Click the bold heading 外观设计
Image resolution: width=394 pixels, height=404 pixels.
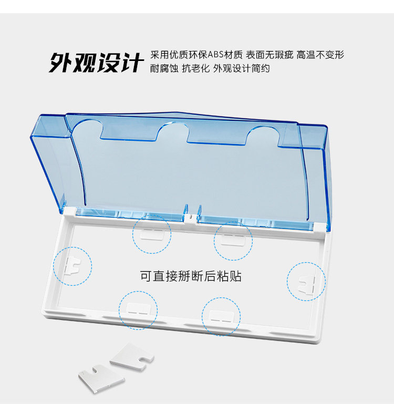(x=96, y=62)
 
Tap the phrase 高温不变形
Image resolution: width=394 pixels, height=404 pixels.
(x=320, y=55)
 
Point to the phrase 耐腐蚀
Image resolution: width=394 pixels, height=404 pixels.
(x=164, y=68)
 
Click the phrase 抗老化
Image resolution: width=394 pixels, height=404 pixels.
(x=195, y=68)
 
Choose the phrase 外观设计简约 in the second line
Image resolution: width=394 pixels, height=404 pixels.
(x=241, y=68)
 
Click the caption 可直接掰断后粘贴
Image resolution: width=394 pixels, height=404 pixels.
(x=191, y=276)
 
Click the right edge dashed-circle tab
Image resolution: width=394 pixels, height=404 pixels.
(x=306, y=282)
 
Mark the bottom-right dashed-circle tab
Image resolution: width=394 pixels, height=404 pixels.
(x=221, y=316)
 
